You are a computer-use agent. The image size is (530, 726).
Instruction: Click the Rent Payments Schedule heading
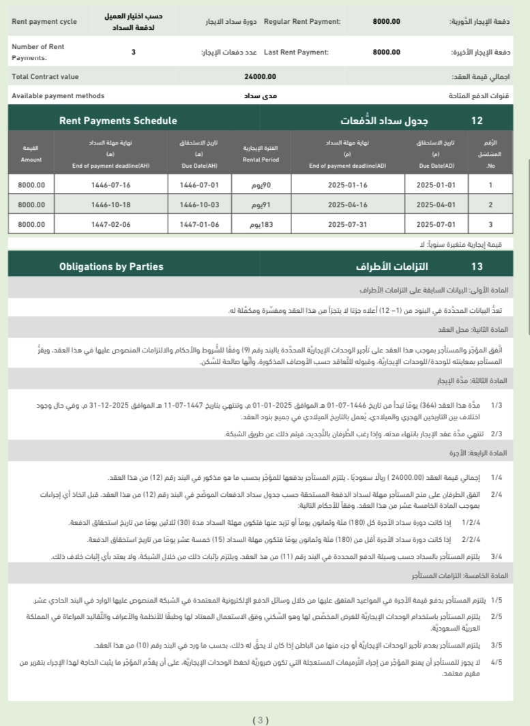coord(118,121)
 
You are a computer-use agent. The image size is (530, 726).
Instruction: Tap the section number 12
coord(477,121)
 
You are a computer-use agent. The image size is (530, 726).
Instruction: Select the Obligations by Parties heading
coord(111,267)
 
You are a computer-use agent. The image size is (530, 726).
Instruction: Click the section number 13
coord(477,267)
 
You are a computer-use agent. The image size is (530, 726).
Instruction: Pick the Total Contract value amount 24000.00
coord(260,77)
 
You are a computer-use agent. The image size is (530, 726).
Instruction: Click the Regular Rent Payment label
coord(301,22)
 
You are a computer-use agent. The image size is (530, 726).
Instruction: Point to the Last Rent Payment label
coord(296,52)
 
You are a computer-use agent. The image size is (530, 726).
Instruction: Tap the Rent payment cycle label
coord(44,22)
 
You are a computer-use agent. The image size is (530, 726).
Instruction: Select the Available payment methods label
coord(58,96)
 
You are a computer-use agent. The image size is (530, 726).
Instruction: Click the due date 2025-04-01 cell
coord(435,205)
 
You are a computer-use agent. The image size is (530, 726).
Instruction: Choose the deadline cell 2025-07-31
coord(347,224)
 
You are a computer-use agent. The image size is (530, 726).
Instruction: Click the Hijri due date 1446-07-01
coord(198,185)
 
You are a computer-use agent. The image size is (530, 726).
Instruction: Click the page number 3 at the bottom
coord(261,720)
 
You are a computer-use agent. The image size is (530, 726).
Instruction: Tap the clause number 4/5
coord(496,661)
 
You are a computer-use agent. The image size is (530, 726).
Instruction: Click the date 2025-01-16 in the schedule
coord(347,185)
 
